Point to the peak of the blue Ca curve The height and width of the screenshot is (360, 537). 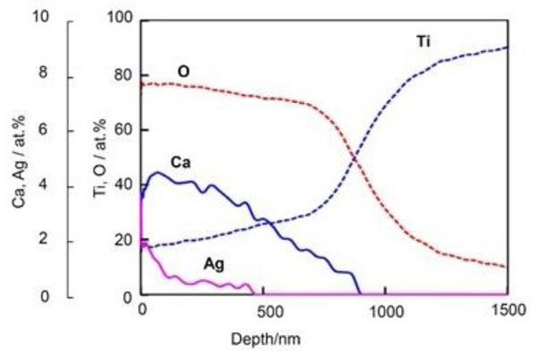tap(157, 173)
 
